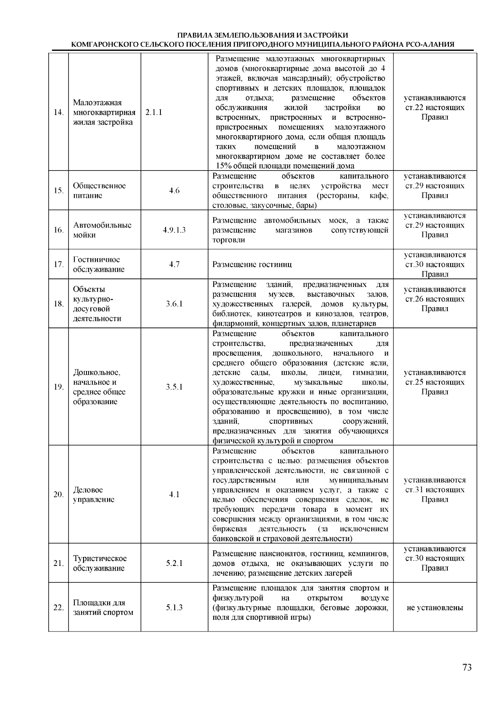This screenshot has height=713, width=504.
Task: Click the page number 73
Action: (467, 668)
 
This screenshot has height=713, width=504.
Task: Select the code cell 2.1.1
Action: (154, 113)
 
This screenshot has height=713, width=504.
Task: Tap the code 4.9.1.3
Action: (174, 230)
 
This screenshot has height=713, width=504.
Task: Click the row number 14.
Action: (59, 113)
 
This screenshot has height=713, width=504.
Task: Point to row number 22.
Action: (59, 608)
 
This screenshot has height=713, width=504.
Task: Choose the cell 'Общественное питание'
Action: (99, 190)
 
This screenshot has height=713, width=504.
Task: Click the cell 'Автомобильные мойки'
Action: (102, 230)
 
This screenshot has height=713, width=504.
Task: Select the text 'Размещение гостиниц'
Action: (252, 264)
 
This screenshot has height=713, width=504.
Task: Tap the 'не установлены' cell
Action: (435, 608)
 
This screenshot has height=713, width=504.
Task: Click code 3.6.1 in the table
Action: (174, 303)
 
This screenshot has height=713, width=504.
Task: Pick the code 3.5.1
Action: (174, 387)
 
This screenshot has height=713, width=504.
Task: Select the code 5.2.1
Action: (174, 563)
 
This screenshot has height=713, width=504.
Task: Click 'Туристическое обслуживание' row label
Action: (100, 563)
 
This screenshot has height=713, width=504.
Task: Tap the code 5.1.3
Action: (174, 608)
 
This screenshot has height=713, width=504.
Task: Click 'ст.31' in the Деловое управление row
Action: (415, 490)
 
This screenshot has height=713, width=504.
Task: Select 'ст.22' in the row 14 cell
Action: (415, 108)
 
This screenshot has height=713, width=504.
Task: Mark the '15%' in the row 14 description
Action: (224, 166)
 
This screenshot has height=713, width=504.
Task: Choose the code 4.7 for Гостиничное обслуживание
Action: (174, 264)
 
